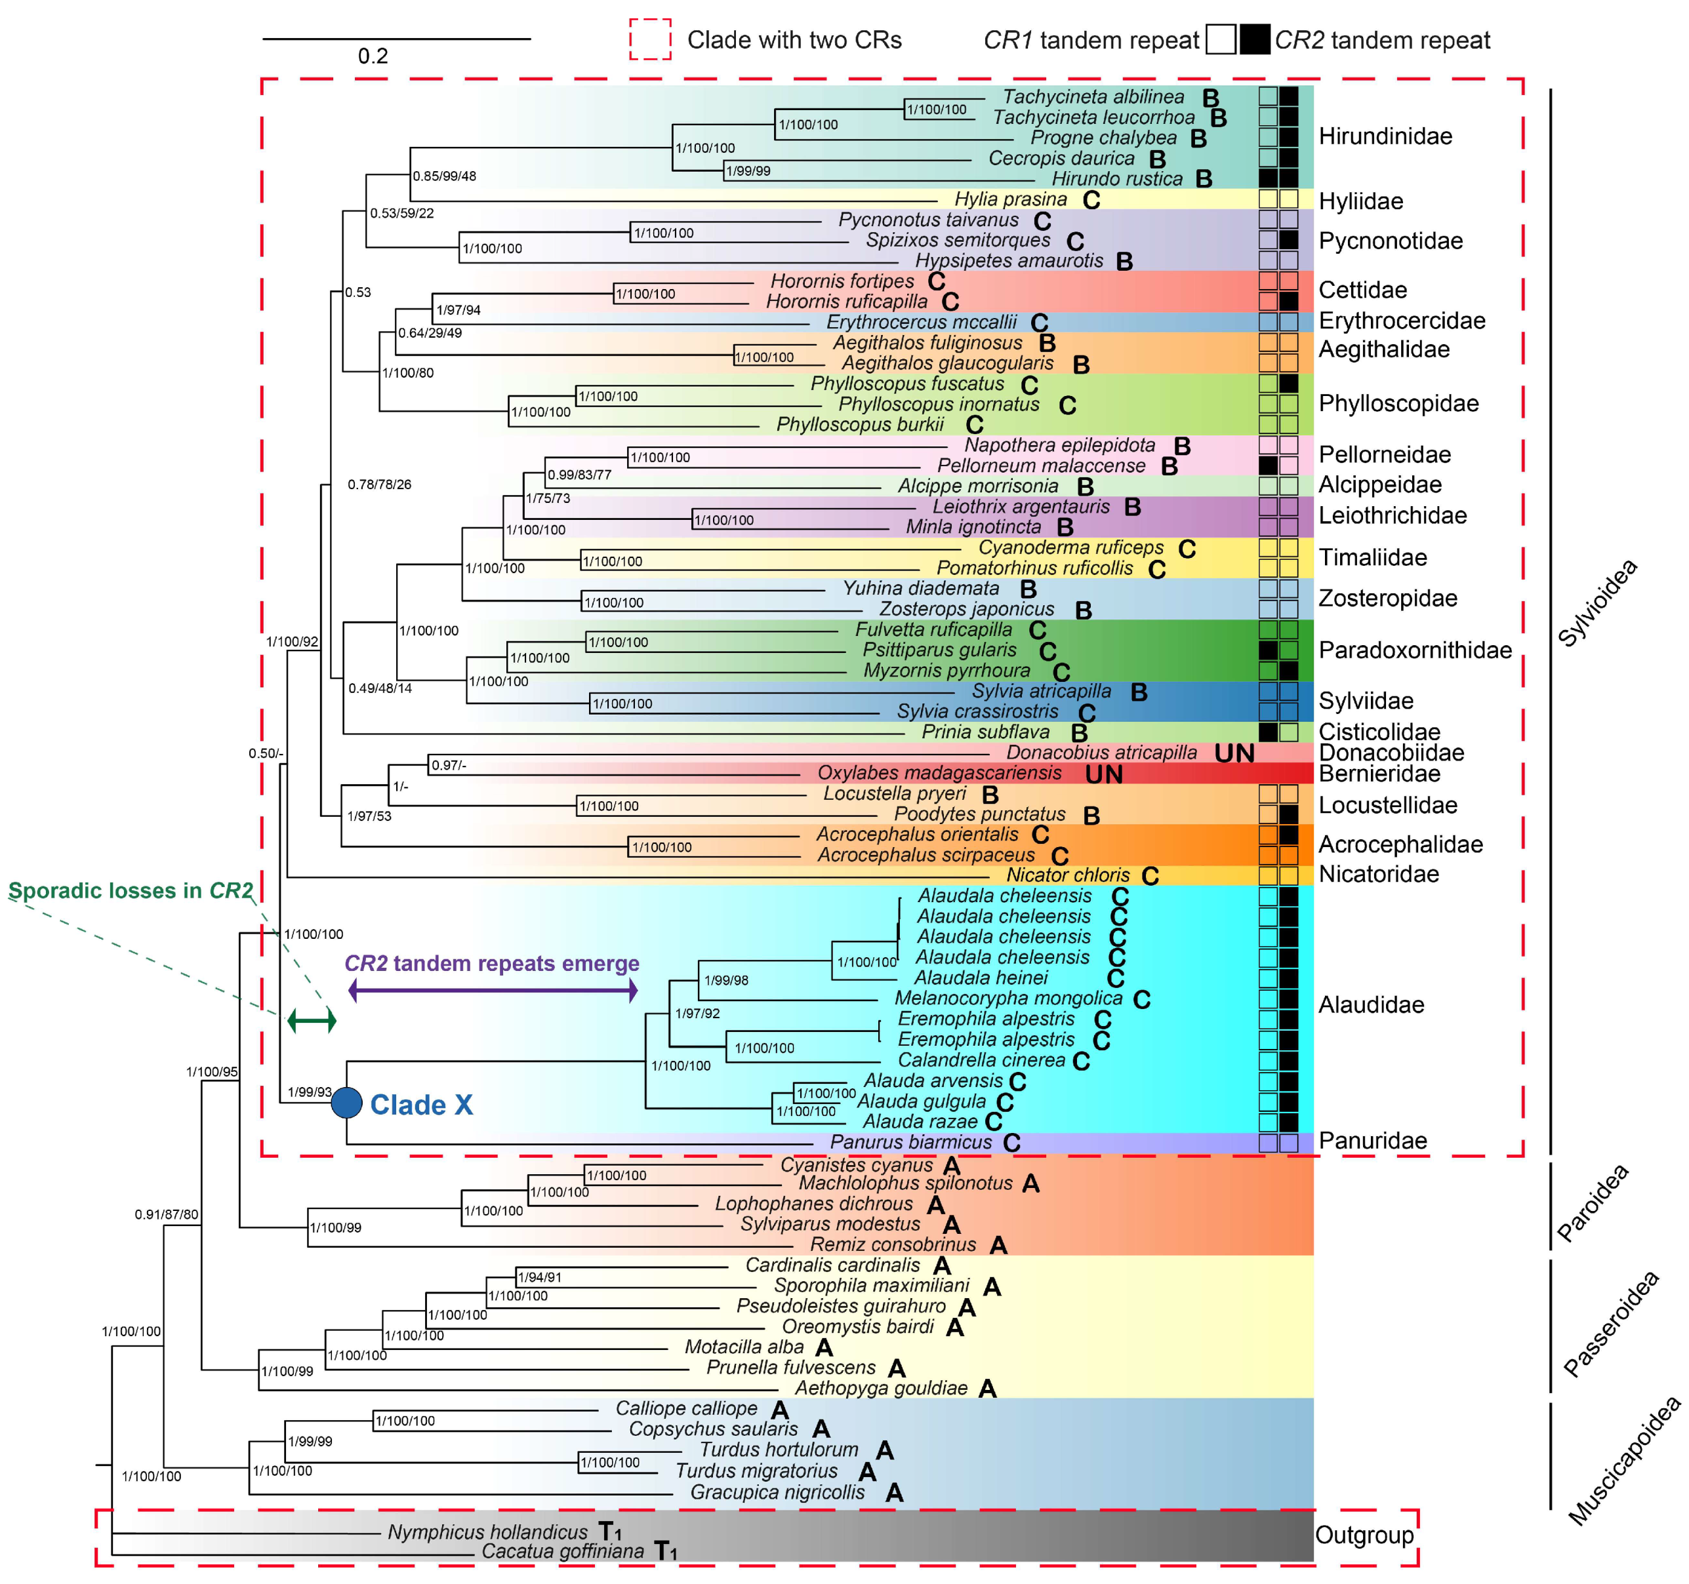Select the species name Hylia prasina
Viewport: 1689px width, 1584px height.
(1010, 199)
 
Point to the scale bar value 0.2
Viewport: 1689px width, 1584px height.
(373, 56)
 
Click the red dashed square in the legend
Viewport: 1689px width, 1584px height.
(650, 40)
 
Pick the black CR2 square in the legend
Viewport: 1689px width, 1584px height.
(1255, 40)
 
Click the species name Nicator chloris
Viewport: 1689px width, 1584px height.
(1068, 876)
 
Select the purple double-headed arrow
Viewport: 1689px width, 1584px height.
(493, 990)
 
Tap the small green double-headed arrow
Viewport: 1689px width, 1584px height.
(312, 1020)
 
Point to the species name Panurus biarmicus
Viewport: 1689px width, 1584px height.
(911, 1142)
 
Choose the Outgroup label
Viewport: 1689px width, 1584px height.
(1364, 1535)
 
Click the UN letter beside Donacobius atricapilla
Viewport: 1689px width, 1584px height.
(1234, 753)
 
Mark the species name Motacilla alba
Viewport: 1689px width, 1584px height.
(744, 1347)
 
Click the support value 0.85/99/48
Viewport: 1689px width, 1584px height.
(444, 176)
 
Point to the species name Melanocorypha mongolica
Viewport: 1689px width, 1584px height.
(1008, 999)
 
